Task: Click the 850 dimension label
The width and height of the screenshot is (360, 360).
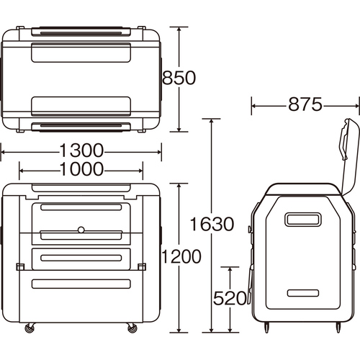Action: pyautogui.click(x=179, y=78)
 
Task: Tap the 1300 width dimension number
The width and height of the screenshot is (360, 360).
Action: pyautogui.click(x=81, y=150)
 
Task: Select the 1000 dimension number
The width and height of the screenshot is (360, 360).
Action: pyautogui.click(x=81, y=169)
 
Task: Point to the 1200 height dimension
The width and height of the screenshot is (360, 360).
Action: pyautogui.click(x=181, y=256)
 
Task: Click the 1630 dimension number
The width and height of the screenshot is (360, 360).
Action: pyautogui.click(x=212, y=224)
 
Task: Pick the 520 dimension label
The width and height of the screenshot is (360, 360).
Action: pyautogui.click(x=230, y=298)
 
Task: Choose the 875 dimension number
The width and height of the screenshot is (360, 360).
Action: pyautogui.click(x=305, y=104)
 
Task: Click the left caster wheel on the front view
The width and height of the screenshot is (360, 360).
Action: pyautogui.click(x=30, y=328)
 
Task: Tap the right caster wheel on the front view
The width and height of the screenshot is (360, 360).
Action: pyautogui.click(x=132, y=328)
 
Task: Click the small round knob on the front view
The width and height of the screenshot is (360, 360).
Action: pyautogui.click(x=81, y=230)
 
